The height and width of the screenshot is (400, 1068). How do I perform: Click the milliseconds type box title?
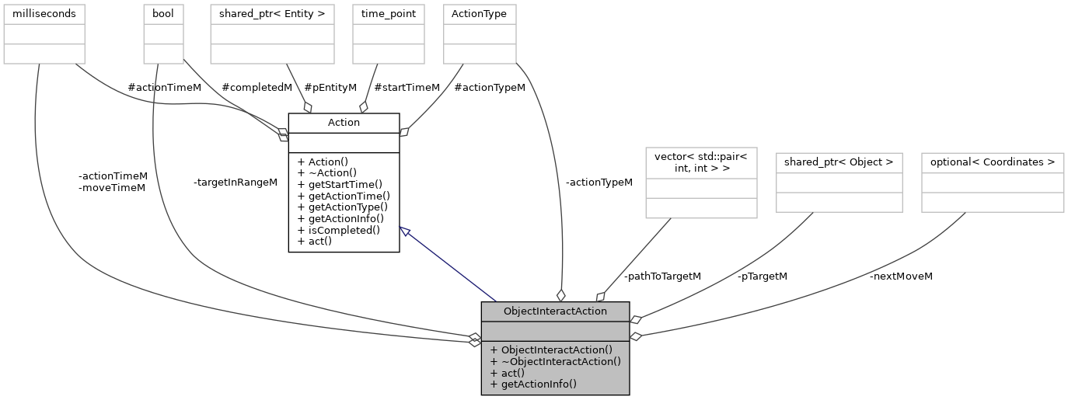coord(44,13)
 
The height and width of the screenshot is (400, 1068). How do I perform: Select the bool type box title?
coord(163,13)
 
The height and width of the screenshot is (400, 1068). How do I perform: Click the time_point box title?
coord(388,13)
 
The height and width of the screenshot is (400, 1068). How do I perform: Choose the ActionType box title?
coord(479,13)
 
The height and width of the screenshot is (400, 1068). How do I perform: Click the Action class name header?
coord(344,122)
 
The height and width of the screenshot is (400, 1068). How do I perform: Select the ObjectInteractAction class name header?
coord(555,311)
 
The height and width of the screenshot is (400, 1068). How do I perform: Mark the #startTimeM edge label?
coord(407,87)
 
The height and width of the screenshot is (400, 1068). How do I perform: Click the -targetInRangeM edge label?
coord(236,182)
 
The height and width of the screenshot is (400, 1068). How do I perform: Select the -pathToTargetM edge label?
coord(662,276)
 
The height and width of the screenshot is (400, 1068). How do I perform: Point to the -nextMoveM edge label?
coord(901,276)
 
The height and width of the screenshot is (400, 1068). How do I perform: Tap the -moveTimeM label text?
coord(112,188)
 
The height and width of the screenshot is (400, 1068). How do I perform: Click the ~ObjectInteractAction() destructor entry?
coord(555,360)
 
